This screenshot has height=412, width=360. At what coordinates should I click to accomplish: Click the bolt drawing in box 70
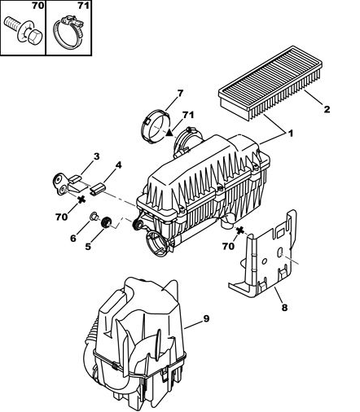pos(23,33)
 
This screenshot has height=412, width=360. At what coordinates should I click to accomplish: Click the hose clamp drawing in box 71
pos(68,33)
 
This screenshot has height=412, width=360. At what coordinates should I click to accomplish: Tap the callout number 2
pos(327,109)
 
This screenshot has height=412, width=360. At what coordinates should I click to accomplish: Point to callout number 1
pos(290,134)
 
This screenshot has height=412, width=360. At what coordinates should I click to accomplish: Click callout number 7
pos(180,94)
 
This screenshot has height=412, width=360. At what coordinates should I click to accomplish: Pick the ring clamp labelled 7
pos(156,125)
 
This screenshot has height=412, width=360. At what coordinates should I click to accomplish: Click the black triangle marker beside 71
pos(169,132)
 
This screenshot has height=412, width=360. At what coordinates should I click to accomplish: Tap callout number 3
pos(96,156)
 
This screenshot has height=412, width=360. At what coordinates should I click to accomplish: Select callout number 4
pos(118,165)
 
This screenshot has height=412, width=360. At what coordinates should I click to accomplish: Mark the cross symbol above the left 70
pos(81,199)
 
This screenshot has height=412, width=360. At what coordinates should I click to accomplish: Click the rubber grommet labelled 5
pos(106,222)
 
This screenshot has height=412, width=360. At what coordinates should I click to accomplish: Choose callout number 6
pos(73,239)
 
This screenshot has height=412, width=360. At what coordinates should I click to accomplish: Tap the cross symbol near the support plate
pos(239,230)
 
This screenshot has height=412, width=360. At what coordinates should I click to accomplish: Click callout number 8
pos(284,308)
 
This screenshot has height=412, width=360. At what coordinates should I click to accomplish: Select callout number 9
pos(206,318)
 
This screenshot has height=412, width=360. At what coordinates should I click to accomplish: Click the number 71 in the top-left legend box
pos(83,6)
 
